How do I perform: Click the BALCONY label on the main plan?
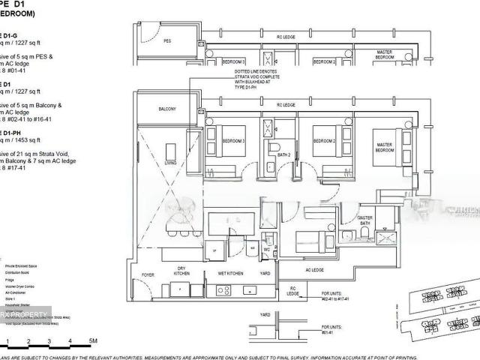coord(167,109)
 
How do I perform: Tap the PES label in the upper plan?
coord(167,42)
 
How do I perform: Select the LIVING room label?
coord(171,162)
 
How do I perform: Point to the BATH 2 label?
coord(283,155)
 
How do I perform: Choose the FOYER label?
coord(148,274)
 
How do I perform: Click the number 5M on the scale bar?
coord(92,341)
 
